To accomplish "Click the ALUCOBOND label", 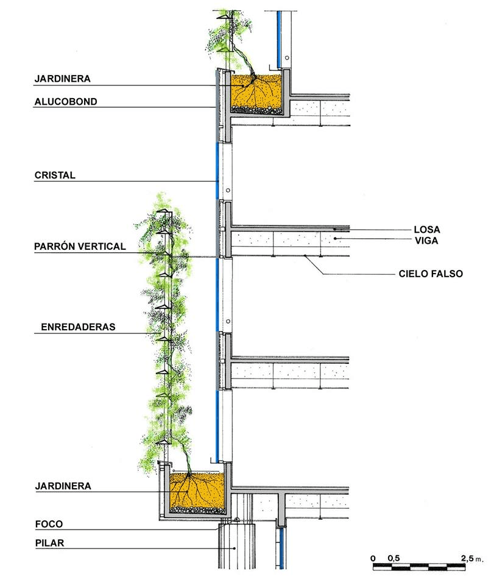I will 66,102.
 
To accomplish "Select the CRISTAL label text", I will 55,175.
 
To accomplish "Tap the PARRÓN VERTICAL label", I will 80,247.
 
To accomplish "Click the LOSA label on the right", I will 426,230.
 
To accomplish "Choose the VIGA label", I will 426,241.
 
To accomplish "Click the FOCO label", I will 49,523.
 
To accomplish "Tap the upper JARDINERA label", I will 63,79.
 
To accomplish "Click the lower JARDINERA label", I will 63,486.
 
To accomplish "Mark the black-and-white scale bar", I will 420,567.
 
